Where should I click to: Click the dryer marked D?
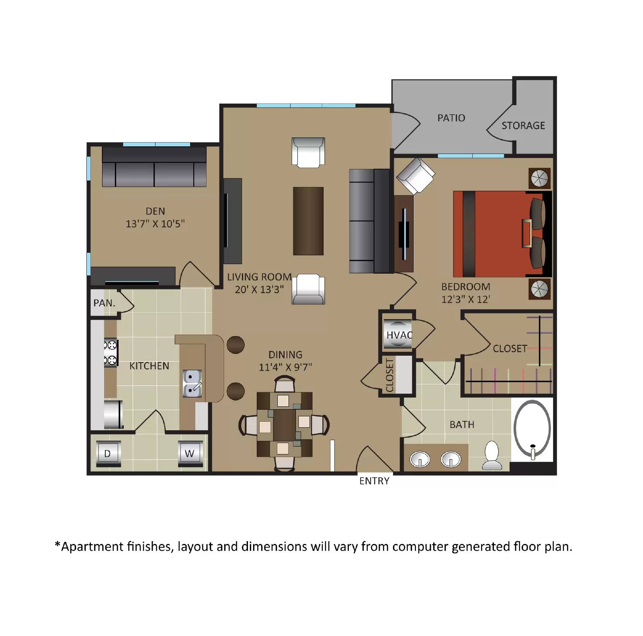point(108,453)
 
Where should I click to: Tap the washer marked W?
point(190,453)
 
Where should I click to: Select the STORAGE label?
point(523,125)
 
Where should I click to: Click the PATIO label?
point(451,118)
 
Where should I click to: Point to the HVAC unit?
point(397,334)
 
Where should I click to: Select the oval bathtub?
point(532,429)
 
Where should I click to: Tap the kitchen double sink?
point(192,384)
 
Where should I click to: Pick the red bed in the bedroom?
point(498,234)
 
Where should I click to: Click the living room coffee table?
point(308,221)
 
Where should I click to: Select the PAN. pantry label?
point(104,303)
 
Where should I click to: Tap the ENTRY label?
point(374,481)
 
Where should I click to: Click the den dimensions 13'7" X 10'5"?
point(155,224)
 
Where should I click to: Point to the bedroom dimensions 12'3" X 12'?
point(465,299)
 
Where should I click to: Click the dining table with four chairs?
point(285,424)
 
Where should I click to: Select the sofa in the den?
point(154,167)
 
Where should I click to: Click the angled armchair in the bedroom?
point(416,176)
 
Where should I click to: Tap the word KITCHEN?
point(149,366)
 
